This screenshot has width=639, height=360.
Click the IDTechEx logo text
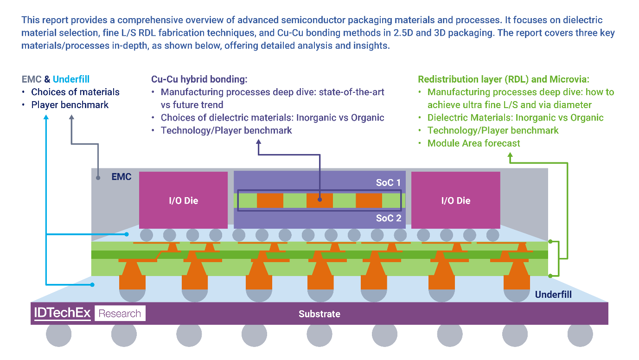click(62, 313)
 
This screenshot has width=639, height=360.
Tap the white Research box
click(120, 314)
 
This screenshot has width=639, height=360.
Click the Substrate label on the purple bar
click(319, 314)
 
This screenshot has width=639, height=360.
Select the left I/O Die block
click(183, 200)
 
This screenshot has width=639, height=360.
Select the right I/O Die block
click(455, 200)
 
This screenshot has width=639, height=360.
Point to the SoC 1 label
click(388, 182)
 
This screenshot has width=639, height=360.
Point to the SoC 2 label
click(388, 218)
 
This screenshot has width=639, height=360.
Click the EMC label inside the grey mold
click(121, 177)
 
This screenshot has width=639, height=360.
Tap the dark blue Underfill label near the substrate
click(553, 295)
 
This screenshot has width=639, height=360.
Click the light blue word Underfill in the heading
click(71, 79)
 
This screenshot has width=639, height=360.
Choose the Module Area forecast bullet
click(473, 143)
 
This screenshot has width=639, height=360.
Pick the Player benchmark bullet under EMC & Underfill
click(70, 105)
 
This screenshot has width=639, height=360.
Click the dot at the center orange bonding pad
click(319, 200)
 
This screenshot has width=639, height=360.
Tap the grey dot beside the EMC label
click(98, 177)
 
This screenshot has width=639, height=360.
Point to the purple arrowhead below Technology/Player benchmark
click(258, 145)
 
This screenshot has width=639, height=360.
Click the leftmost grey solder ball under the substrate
click(59, 334)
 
